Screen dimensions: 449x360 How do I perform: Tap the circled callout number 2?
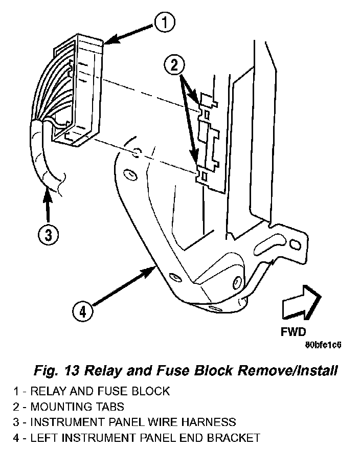tap(174, 64)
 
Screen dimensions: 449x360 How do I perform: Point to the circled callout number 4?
tap(82, 311)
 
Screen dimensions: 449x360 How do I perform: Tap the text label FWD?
tap(293, 331)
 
